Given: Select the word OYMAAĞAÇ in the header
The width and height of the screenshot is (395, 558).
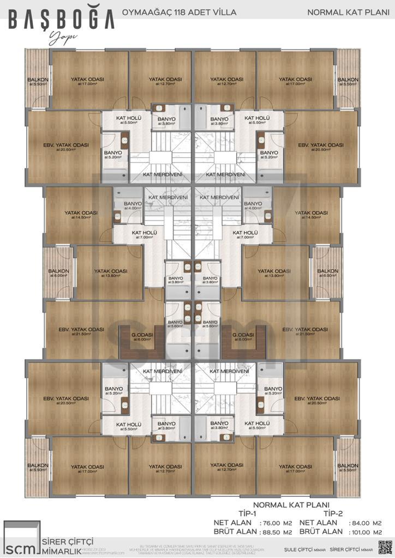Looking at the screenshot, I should click(143, 11).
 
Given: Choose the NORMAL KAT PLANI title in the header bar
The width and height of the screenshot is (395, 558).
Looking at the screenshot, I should click(345, 11).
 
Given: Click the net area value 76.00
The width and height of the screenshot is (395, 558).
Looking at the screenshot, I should click(272, 523).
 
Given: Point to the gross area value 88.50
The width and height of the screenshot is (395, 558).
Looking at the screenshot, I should click(272, 532).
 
